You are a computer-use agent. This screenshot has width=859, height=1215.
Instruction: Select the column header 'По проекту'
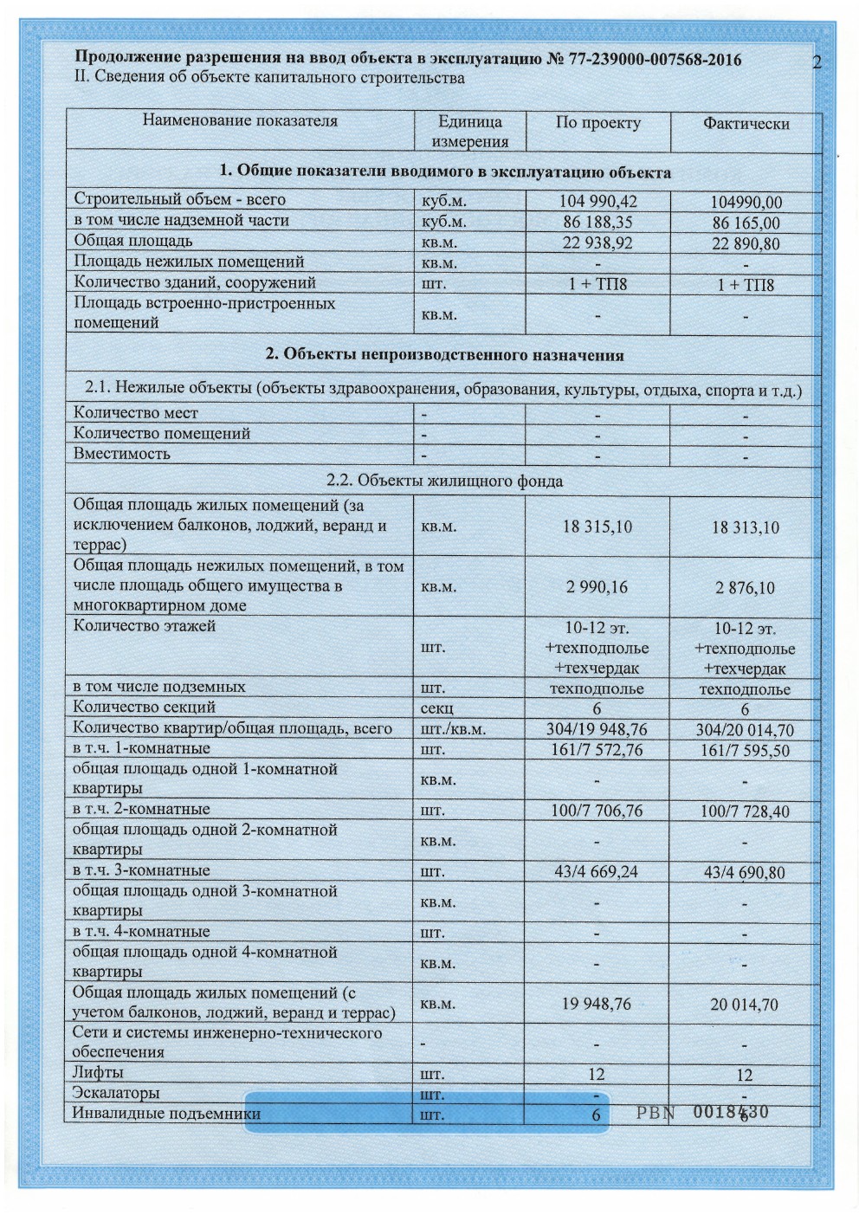tap(597, 123)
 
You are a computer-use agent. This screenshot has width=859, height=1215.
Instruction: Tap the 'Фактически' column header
tap(746, 124)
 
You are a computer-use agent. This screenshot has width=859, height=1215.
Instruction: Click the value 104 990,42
tap(597, 201)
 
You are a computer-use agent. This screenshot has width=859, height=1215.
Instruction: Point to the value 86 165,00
tap(746, 223)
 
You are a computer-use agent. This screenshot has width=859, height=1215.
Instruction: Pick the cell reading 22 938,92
tap(597, 242)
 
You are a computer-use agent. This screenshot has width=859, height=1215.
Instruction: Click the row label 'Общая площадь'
tap(133, 241)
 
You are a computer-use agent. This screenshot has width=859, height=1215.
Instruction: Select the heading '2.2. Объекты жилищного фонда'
tap(444, 481)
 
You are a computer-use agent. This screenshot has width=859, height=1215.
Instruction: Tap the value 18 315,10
tap(597, 527)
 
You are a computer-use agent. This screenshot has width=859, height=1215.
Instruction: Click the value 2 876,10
tap(746, 588)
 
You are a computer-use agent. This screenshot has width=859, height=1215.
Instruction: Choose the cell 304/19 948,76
tap(597, 729)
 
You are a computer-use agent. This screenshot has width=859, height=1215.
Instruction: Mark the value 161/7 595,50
tap(746, 750)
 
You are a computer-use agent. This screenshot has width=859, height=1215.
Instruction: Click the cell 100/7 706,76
tap(597, 811)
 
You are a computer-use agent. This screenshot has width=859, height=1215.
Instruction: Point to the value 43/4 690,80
tap(746, 872)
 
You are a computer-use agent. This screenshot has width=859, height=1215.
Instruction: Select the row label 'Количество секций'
tap(144, 707)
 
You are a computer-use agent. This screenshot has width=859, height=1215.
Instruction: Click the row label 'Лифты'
tap(99, 1073)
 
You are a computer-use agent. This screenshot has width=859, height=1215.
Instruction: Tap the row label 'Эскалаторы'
tap(116, 1093)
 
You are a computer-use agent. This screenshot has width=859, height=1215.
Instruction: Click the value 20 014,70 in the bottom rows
tap(746, 1005)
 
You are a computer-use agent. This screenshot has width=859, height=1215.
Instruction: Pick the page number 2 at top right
tap(817, 61)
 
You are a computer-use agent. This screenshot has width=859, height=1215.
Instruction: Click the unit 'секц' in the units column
tap(437, 708)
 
